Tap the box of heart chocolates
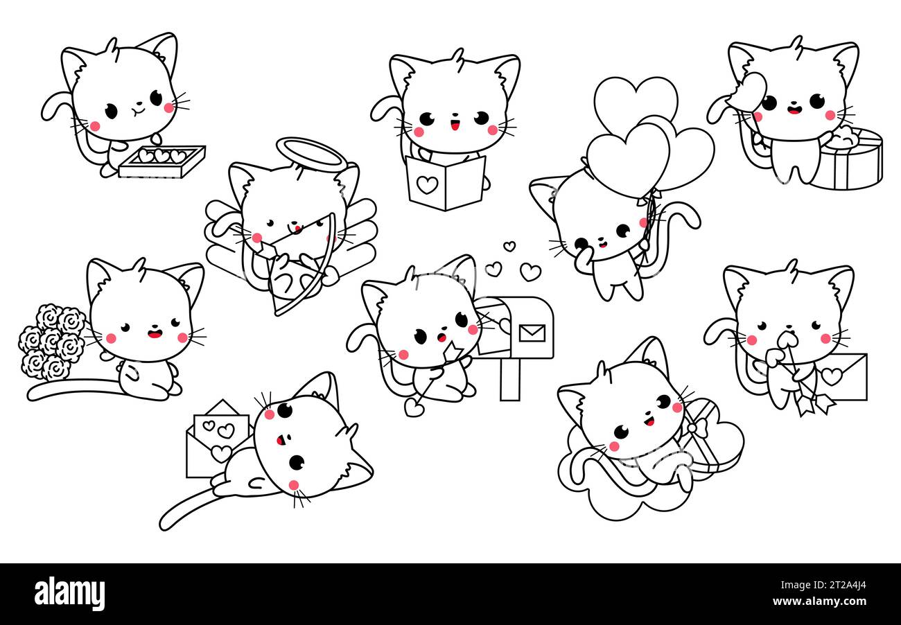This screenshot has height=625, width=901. coord(162,161)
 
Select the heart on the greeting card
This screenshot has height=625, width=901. coord(427,184)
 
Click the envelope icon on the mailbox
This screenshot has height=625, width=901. coord(532,333)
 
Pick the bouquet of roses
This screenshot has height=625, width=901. coord(52,342)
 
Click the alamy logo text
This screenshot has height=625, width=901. coord(69,593)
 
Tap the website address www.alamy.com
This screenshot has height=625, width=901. coord(819,601)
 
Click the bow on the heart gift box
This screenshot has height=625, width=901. coord(697,425)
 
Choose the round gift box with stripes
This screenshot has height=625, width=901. coord(845,158)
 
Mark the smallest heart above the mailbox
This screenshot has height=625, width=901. coord(509,246)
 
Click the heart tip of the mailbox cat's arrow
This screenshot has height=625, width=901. coord(414,407)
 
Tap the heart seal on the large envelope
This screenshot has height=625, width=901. coord(832,376)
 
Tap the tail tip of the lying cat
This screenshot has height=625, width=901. coord(166,524)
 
